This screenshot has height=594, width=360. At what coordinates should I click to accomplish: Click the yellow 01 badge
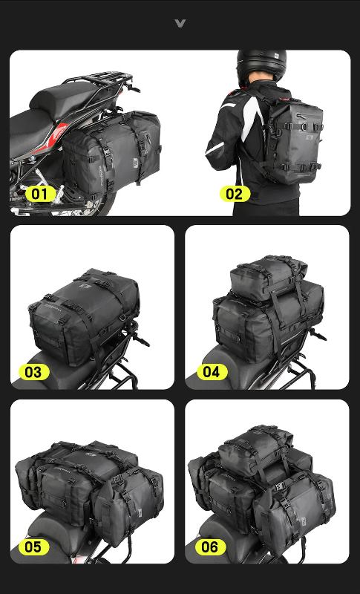point(39,195)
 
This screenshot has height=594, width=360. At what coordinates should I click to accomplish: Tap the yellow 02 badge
point(234,195)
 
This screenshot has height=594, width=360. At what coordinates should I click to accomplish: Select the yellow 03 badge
point(33,371)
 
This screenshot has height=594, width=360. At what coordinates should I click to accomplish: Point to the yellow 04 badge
point(212,371)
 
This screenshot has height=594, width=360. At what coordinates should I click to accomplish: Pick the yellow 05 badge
point(33,547)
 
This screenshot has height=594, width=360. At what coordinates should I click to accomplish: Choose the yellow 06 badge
point(210,547)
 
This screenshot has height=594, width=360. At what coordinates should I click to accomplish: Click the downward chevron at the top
point(180,24)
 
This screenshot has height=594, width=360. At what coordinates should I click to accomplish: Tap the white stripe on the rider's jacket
point(241,119)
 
